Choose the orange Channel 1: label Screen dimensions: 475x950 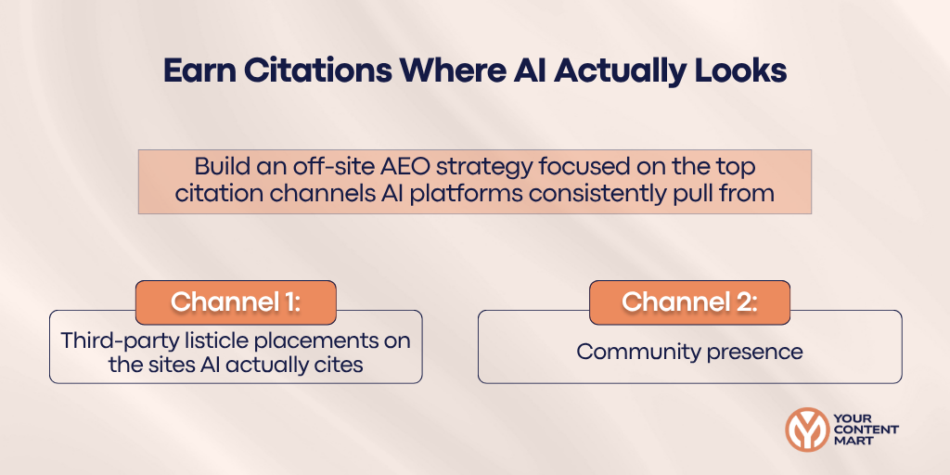(236, 302)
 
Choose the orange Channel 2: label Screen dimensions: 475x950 (689, 302)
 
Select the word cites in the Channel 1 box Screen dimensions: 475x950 (339, 365)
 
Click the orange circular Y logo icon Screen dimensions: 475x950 (807, 429)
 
